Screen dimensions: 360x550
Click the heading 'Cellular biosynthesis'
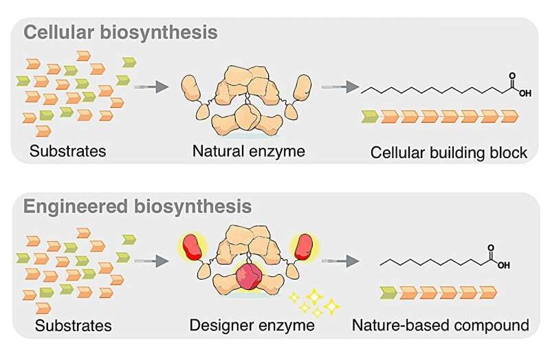pos(121,32)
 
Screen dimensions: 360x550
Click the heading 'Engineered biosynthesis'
pos(137,206)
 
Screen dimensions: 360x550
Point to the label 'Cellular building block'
pos(449,153)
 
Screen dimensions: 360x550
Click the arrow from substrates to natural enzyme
pos(151,87)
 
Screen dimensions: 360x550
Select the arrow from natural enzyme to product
pos(341,87)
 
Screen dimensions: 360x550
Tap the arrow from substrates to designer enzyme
pos(151,260)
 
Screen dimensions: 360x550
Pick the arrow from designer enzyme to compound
pos(341,260)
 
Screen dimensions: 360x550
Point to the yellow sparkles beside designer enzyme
pos(313,300)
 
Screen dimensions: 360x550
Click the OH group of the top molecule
pos(525,94)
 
